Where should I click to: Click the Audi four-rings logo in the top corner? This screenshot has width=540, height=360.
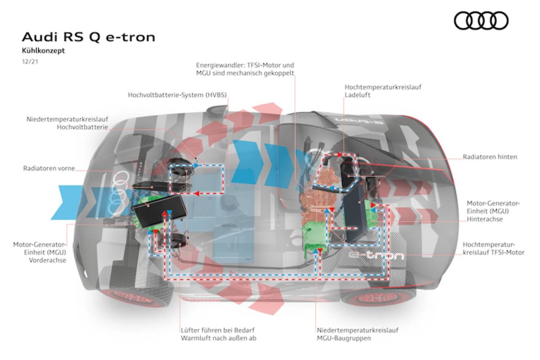[x=481, y=21]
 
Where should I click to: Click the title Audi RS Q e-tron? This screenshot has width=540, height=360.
[x=88, y=37]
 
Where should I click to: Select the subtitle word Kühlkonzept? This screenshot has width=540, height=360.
[x=43, y=51]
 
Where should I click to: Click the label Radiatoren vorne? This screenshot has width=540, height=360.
[x=49, y=169]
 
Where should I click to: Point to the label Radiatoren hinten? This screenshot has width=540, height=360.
[x=490, y=157]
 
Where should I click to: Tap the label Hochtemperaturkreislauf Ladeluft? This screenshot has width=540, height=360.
[x=383, y=91]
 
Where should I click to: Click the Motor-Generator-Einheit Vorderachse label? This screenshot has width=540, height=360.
[x=40, y=252]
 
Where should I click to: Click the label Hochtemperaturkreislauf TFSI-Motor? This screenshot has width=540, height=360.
[x=493, y=248]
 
